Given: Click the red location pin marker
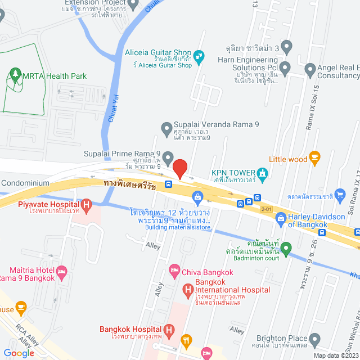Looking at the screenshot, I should coord(179,169).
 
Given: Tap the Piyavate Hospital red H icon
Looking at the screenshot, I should coord(86,206).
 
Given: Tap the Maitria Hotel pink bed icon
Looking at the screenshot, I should coord(62,273).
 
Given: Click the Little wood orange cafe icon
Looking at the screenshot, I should coord(314,159).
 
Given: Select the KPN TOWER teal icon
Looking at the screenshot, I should coord(262,173).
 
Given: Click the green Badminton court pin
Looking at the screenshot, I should coord(286,247).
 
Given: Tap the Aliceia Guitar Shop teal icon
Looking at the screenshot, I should coord(199,56).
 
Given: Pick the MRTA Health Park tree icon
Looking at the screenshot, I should coord(14,74).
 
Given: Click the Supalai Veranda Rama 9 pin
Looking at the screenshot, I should coord(166,129).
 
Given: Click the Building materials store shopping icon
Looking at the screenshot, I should coord(197,196).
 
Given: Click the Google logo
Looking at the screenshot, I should coord(19,353).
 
